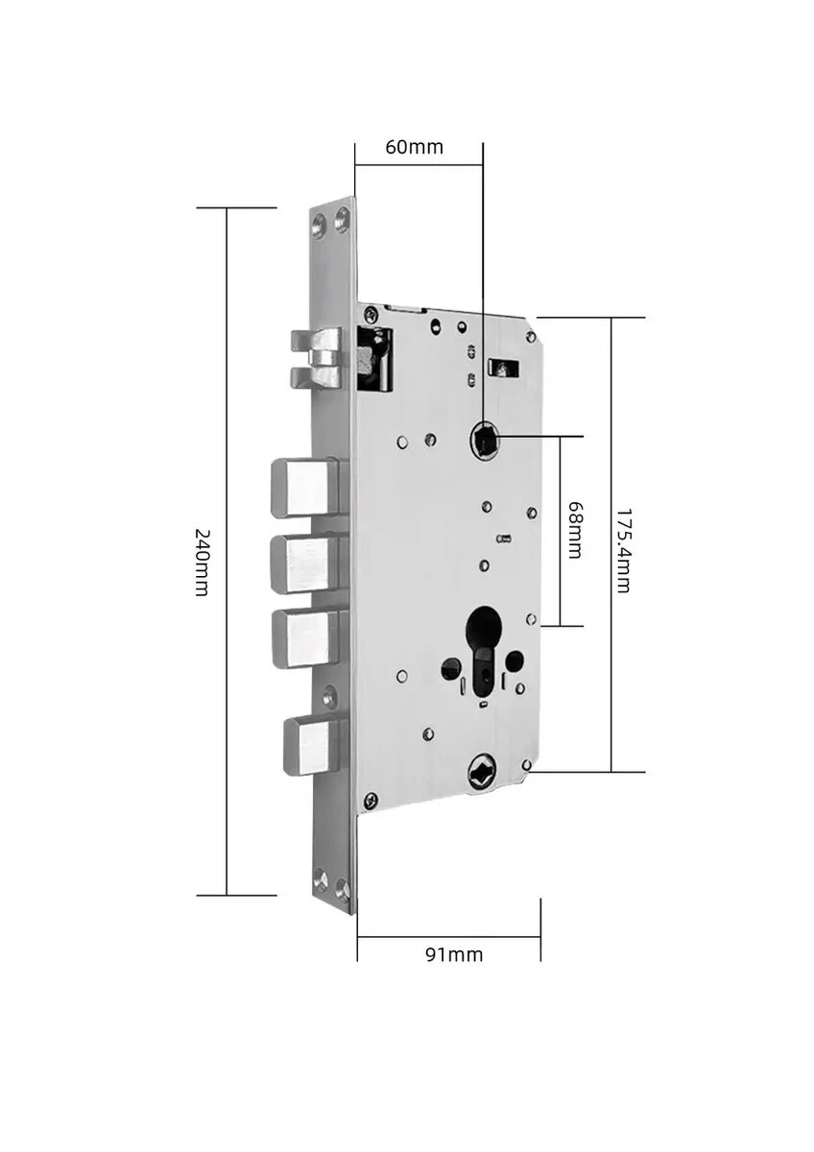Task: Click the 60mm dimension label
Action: click(414, 147)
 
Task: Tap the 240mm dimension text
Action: click(201, 561)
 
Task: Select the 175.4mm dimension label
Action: click(623, 550)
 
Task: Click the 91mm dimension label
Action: click(454, 954)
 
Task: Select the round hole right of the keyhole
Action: click(514, 660)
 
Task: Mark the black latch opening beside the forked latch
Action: click(375, 359)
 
